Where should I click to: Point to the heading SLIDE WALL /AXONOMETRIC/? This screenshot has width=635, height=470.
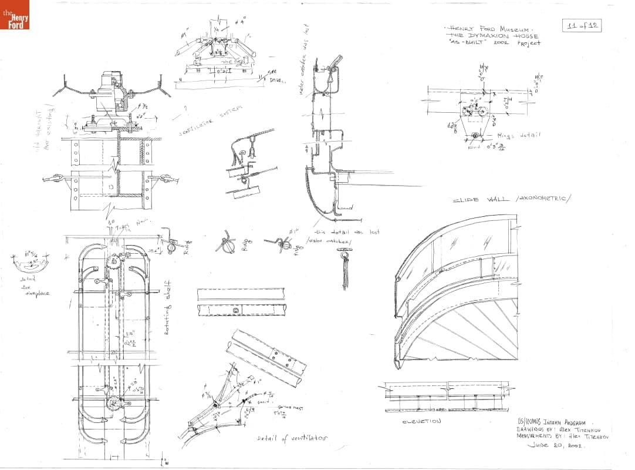tap(511, 199)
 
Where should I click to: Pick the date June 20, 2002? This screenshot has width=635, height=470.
tap(555, 445)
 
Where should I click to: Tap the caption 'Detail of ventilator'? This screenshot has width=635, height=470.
tap(292, 439)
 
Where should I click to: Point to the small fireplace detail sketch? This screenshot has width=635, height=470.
tap(29, 261)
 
